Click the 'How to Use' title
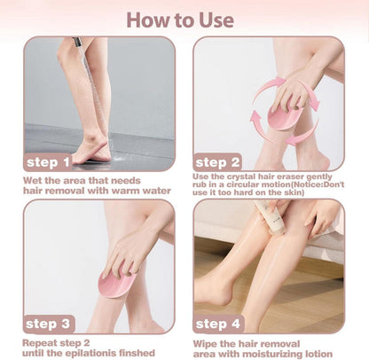[180, 20]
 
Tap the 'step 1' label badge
[48, 162]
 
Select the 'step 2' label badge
[217, 162]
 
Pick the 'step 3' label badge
[49, 325]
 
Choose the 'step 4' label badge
[218, 324]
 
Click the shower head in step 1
[77, 43]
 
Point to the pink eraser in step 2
[284, 118]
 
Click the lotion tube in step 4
[271, 216]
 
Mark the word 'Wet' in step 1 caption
[31, 181]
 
